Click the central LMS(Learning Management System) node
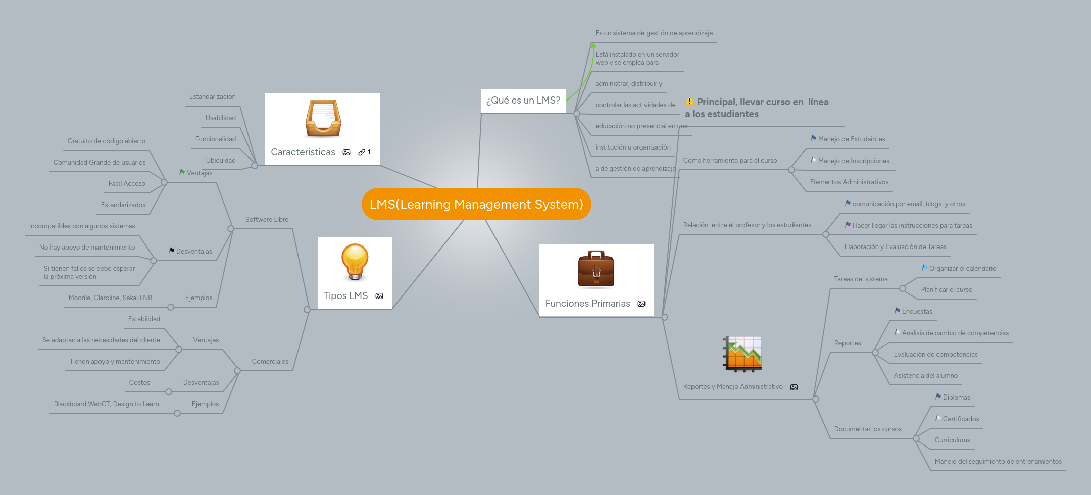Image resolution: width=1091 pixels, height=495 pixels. [x=476, y=204]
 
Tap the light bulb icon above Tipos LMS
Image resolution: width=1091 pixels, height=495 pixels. [x=355, y=262]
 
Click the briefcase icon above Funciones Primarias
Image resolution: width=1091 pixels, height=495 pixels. [x=596, y=269]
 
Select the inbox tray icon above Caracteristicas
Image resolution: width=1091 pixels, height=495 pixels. [x=323, y=119]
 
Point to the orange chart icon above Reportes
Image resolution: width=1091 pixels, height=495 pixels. [x=742, y=354]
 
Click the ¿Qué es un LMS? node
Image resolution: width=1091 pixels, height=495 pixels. [x=523, y=101]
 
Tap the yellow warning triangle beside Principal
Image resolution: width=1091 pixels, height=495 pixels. [x=689, y=102]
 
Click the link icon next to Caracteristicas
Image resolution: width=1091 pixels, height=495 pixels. [x=362, y=152]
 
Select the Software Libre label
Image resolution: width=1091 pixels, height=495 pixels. [x=267, y=220]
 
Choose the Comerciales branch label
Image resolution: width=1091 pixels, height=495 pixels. [x=270, y=362]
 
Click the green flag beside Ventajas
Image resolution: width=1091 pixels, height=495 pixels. [x=182, y=172]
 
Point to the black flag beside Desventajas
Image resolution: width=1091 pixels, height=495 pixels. [x=172, y=251]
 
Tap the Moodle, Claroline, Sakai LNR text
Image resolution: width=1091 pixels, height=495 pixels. [x=110, y=298]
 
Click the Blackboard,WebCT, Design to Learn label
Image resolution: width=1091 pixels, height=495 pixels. [x=106, y=404]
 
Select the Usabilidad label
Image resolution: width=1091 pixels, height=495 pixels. [x=220, y=118]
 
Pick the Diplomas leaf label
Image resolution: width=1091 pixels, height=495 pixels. [x=956, y=398]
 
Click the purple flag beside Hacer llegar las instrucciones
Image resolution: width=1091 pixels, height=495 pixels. [x=848, y=225]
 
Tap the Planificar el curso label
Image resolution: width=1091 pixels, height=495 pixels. [x=947, y=290]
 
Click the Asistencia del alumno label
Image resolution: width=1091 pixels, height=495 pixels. [x=925, y=376]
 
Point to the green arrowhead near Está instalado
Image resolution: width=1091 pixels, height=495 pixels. [x=593, y=45]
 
